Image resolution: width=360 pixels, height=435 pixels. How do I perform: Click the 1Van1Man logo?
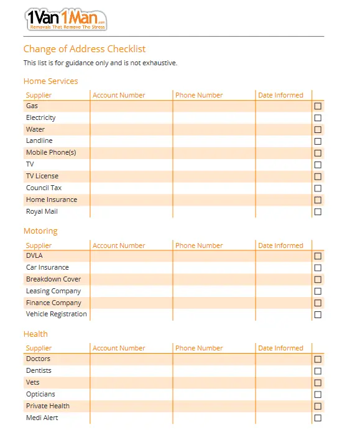point(66,20)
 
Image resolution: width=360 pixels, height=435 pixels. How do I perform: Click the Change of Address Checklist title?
point(85,49)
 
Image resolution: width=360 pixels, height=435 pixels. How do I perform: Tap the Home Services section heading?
point(50,81)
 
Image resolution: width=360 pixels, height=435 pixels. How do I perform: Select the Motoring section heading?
point(40,231)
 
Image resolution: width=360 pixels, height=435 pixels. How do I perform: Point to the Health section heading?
point(35,334)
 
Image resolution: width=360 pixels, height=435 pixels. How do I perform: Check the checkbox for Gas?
point(318,106)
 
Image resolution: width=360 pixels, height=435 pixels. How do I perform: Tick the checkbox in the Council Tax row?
point(318,188)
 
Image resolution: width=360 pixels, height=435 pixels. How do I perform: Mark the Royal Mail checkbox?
point(318,212)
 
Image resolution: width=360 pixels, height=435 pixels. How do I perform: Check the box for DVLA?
point(318,256)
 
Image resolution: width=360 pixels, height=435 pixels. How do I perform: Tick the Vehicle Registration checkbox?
point(318,314)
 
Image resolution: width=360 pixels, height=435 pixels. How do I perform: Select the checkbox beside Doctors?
point(318,359)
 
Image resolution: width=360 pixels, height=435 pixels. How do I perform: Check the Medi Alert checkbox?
point(318,418)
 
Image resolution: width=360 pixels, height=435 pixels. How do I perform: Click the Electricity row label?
point(41,118)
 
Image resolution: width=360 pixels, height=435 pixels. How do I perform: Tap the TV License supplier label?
point(42,176)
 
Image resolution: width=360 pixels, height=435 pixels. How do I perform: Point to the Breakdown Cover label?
point(53,279)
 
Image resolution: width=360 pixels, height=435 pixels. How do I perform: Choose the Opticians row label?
point(40,394)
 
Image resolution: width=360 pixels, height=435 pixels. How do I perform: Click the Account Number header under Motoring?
point(119,245)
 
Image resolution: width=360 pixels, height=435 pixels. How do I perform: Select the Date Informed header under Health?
point(280,348)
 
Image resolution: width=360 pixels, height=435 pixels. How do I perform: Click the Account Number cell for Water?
point(131,130)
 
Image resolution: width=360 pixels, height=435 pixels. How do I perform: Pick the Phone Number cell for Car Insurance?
point(214,268)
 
